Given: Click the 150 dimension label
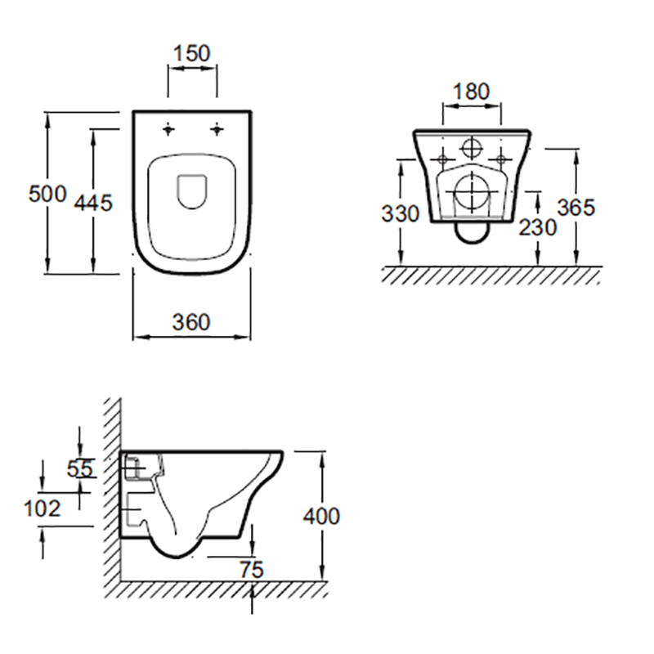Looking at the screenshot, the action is coord(192,53).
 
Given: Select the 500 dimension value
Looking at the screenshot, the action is coord(47,194).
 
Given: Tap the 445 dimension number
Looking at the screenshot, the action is coord(93,203).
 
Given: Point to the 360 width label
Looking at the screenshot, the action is coord(191,322).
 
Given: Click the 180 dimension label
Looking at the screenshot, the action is coord(472,92).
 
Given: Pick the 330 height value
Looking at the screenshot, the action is coord(400,214).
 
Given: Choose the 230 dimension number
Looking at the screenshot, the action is coord(538,228).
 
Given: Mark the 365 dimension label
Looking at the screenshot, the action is coord(576,208).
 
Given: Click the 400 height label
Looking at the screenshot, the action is coord(321,517).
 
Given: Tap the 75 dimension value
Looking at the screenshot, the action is coord(252,570).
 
